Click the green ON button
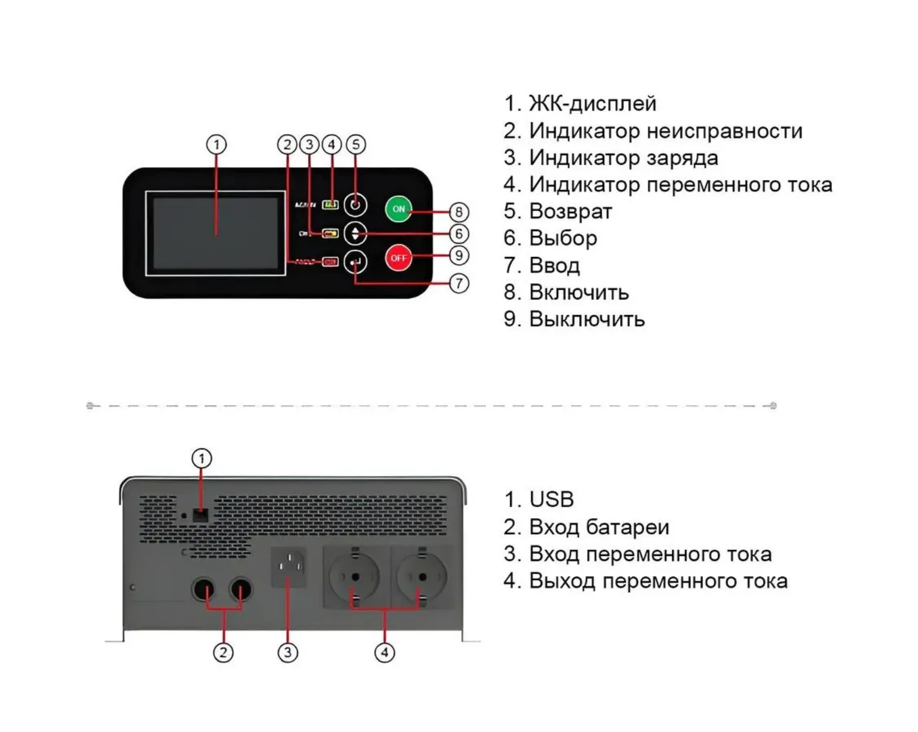pyautogui.click(x=398, y=209)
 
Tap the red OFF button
pyautogui.click(x=398, y=258)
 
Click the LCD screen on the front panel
pyautogui.click(x=216, y=233)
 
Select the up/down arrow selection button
pyautogui.click(x=355, y=234)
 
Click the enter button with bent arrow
pyautogui.click(x=355, y=262)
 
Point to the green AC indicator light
pyautogui.click(x=330, y=205)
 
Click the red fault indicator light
pyautogui.click(x=330, y=262)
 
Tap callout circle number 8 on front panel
pyautogui.click(x=458, y=212)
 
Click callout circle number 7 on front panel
pyautogui.click(x=458, y=283)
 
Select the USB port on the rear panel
pyautogui.click(x=200, y=515)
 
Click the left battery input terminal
pyautogui.click(x=203, y=590)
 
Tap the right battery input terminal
pyautogui.click(x=241, y=590)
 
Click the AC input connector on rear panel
pyautogui.click(x=289, y=566)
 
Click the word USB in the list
pyautogui.click(x=551, y=499)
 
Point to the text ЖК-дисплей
pyautogui.click(x=592, y=103)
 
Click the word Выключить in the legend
pyautogui.click(x=587, y=319)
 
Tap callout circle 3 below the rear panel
pyautogui.click(x=287, y=652)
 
